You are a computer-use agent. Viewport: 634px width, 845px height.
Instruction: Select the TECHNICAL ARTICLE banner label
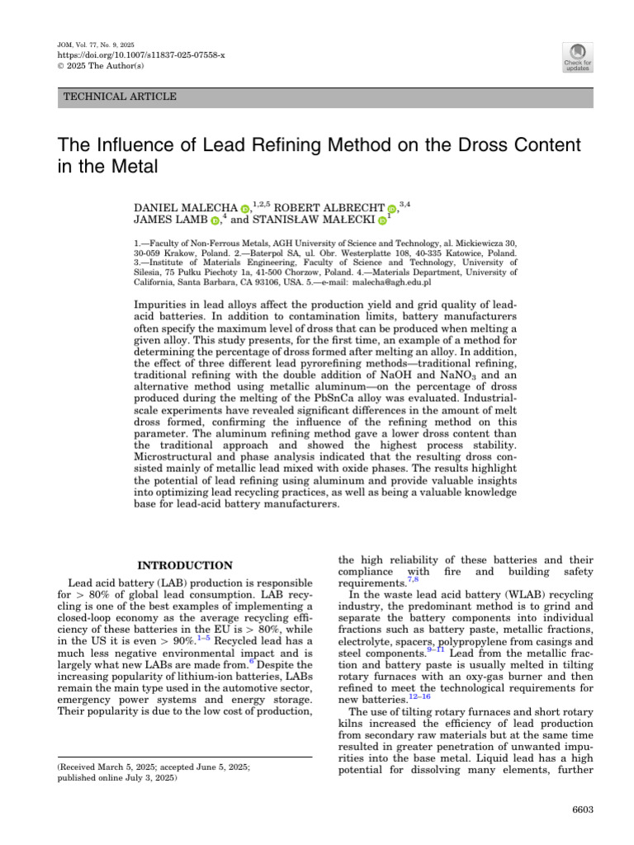pos(121,97)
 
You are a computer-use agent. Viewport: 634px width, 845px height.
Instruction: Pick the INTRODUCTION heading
pos(184,565)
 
